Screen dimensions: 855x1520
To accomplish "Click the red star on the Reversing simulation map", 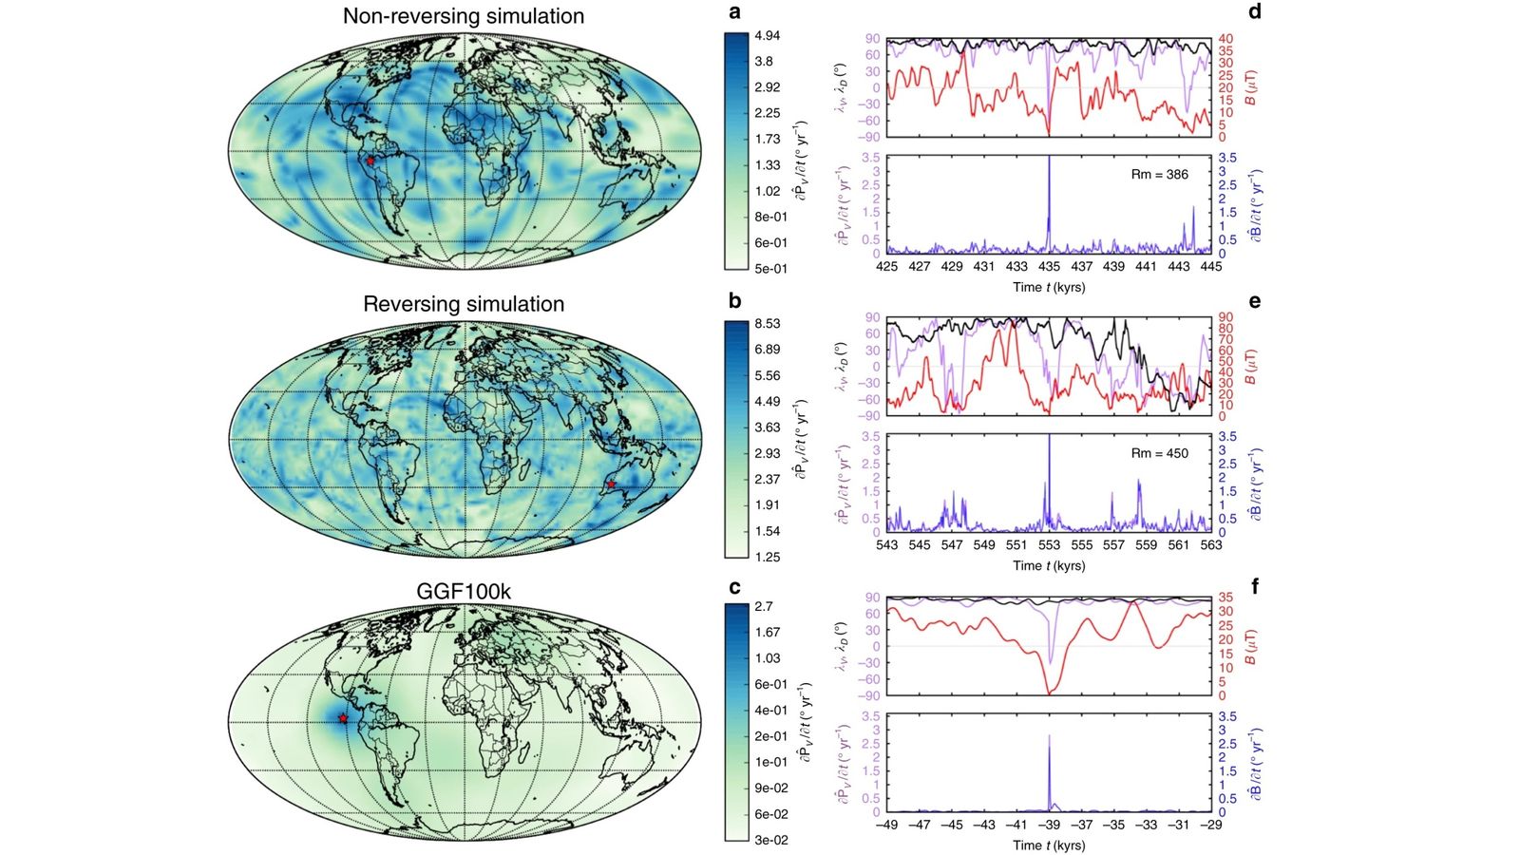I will [x=611, y=484].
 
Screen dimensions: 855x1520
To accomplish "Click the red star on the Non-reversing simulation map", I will [x=370, y=161].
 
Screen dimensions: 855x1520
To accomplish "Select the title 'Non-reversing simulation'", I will [x=464, y=16].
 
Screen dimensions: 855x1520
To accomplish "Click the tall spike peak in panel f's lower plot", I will [x=1049, y=736].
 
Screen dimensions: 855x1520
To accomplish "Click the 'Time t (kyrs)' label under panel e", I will [x=1049, y=566].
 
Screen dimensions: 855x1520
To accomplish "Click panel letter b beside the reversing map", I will [x=734, y=301].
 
